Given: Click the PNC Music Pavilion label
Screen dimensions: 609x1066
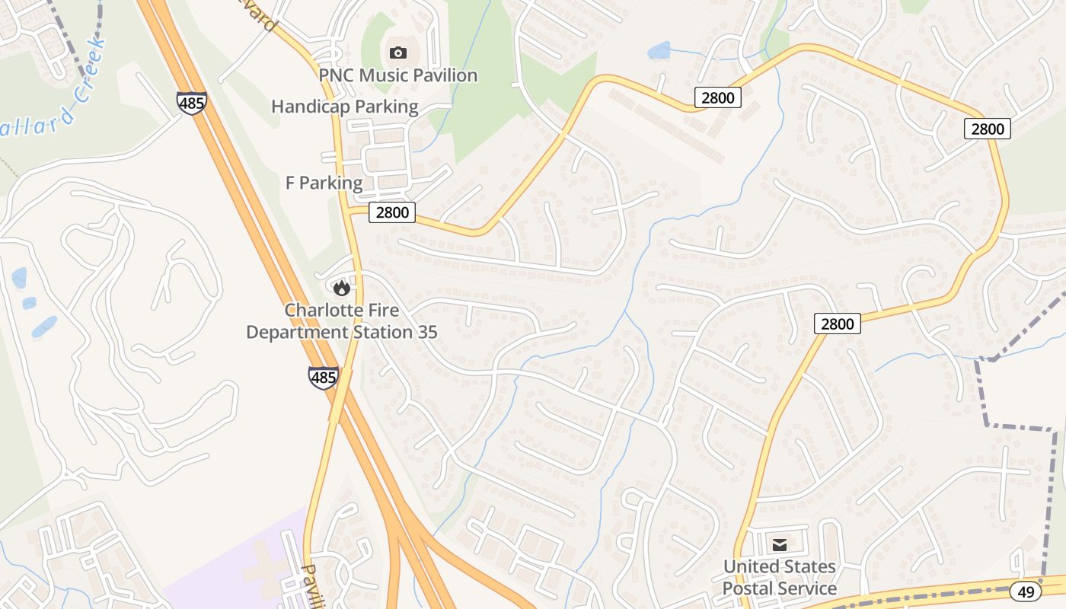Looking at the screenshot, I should pos(397,75).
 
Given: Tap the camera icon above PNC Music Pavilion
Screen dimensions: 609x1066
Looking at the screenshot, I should pos(397,53).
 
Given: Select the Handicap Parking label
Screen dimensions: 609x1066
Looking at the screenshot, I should pos(345,107).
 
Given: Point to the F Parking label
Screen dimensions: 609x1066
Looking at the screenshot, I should pos(324,183).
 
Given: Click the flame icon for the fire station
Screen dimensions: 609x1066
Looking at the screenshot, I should pos(341,287).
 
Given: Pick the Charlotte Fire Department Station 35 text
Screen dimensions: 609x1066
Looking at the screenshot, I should pos(342,321).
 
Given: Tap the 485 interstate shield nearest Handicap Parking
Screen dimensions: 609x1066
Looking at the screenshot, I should pos(191,103).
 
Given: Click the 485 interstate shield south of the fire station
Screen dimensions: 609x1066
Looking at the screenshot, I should pos(324,377).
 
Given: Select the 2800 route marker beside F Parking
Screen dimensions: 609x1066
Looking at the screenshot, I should pos(392,212).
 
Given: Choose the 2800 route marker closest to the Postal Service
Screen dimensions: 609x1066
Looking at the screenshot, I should pos(838,324).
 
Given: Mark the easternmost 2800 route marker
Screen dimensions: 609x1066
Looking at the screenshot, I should pos(988,129).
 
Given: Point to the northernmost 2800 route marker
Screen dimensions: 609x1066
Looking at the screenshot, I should pos(718,97).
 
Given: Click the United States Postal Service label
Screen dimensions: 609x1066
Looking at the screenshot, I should pos(779,578).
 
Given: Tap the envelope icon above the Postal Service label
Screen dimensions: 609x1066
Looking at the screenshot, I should pos(780,544).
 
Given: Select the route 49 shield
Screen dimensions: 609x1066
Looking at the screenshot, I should pos(1026,591).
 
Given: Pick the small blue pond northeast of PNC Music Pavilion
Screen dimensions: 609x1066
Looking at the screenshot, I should pos(659,51).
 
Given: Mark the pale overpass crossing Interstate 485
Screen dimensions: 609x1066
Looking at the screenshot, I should pos(340,395).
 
